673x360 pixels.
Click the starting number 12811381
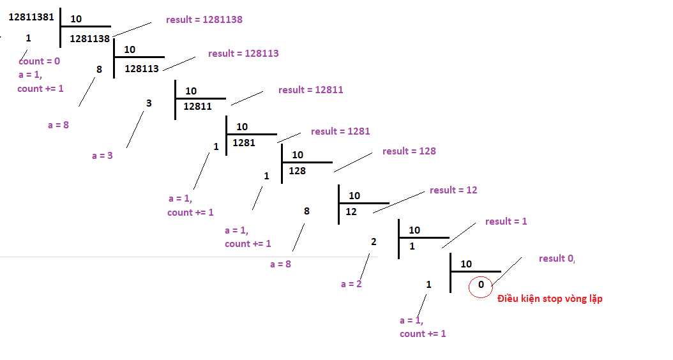click(31, 17)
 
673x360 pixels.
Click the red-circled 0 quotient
click(481, 285)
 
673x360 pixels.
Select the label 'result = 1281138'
click(204, 20)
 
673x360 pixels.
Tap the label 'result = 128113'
click(243, 54)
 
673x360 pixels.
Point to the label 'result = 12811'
click(310, 90)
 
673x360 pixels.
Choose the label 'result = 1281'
click(340, 131)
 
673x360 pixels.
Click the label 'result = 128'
click(409, 151)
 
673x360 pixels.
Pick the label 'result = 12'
click(453, 190)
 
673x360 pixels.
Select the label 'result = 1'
click(506, 221)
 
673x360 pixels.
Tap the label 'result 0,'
click(557, 259)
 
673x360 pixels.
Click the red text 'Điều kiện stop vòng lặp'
click(550, 299)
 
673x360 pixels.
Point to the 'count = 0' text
click(39, 61)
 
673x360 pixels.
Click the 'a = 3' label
click(102, 155)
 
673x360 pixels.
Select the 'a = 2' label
click(351, 284)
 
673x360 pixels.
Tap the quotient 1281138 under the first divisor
click(90, 38)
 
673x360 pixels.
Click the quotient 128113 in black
click(142, 68)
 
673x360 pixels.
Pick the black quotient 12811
click(197, 107)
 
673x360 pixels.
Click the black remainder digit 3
click(149, 103)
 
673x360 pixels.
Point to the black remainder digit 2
click(374, 241)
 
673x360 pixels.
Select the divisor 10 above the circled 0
click(466, 264)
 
